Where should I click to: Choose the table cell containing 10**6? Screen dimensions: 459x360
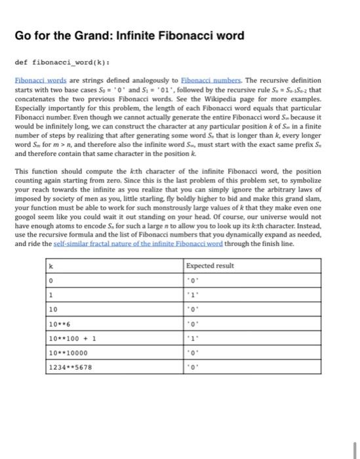(x=60, y=323)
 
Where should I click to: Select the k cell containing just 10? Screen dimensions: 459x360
(x=54, y=309)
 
